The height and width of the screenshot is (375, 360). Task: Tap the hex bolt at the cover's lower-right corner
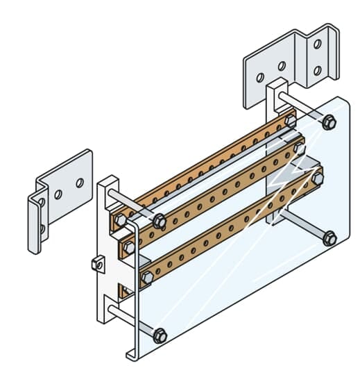click(329, 237)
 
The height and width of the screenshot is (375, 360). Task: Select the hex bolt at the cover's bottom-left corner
click(160, 335)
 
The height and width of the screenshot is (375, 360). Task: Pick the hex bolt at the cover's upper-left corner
click(159, 221)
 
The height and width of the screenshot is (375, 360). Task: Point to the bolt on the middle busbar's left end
click(130, 247)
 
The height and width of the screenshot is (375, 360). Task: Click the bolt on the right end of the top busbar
click(290, 121)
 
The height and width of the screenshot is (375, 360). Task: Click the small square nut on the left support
click(97, 262)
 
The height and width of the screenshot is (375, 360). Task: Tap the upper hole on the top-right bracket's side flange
click(317, 44)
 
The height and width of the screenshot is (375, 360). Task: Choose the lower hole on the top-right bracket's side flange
click(317, 70)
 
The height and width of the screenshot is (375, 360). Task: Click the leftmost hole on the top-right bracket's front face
click(260, 77)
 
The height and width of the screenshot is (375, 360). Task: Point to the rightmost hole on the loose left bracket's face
click(80, 183)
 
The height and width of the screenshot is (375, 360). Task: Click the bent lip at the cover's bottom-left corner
click(130, 354)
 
